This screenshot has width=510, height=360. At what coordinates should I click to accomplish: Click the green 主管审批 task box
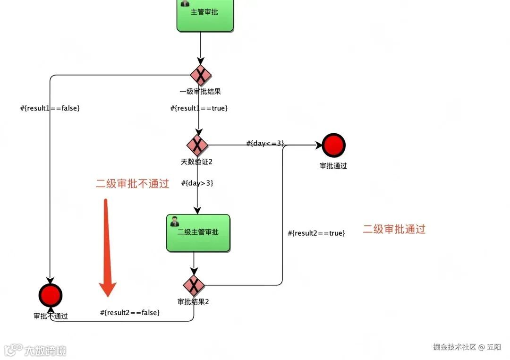205,14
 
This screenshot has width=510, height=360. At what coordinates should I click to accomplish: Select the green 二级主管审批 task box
198,233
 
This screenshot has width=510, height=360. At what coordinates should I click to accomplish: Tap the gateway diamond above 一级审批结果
201,76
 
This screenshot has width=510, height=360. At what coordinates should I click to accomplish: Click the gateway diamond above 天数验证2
197,145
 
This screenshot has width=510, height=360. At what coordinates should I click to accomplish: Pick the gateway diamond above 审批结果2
194,285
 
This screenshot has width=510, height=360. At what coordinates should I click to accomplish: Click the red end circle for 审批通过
333,145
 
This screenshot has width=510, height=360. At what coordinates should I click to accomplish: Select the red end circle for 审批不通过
51,296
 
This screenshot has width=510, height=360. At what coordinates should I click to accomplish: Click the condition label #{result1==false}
50,108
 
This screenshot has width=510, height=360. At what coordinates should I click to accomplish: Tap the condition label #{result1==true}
199,108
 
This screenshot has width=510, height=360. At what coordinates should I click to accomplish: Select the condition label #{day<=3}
265,143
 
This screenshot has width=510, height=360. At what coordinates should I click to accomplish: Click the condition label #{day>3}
197,183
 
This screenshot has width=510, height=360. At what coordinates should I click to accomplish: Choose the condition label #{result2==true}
316,233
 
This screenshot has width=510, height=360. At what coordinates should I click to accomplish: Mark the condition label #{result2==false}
130,313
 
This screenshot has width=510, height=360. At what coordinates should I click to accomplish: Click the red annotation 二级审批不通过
132,184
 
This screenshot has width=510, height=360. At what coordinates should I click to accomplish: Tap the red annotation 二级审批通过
394,230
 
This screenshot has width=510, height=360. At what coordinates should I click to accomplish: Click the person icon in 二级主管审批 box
174,221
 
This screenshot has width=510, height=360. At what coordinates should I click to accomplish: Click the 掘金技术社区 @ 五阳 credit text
467,347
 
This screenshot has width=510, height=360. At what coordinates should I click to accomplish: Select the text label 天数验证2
196,162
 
